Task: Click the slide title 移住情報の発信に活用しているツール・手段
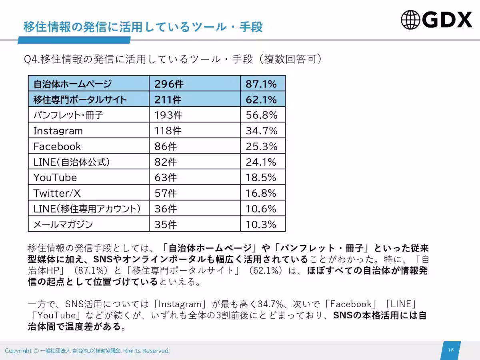coord(143,27)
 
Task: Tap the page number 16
coord(451,350)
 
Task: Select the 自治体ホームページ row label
coord(72,84)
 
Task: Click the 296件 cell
coord(169,84)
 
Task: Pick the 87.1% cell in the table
coord(261,84)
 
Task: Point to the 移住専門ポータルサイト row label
coord(80,100)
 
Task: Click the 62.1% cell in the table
coord(261,100)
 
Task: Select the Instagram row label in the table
coord(58,131)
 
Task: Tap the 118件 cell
coord(168,131)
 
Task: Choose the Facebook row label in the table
coord(57,146)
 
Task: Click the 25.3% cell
coord(261,146)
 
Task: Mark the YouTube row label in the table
coord(55,178)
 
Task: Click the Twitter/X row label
coord(57,193)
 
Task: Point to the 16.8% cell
coord(261,193)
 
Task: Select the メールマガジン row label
coord(63,224)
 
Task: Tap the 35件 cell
coord(166,224)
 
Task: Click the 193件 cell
coord(168,115)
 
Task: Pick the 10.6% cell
coord(261,209)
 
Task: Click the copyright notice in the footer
coord(87,351)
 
